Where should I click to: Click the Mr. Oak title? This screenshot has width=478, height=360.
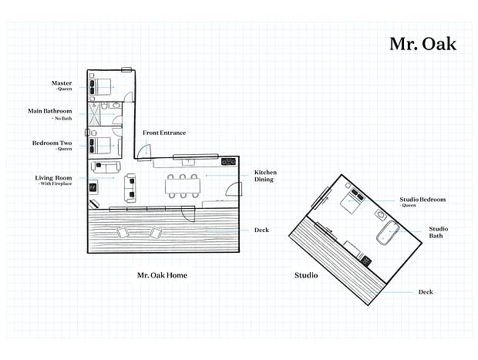[423, 44]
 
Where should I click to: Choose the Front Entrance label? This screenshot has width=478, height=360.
[164, 133]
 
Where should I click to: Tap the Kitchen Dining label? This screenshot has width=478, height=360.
[265, 176]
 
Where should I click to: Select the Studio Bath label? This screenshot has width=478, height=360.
[439, 232]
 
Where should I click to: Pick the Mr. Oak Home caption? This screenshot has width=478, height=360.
[162, 275]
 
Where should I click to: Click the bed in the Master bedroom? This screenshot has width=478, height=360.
[99, 87]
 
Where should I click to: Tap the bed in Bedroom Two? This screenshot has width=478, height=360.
[99, 146]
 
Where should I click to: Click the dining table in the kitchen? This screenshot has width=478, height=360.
[183, 186]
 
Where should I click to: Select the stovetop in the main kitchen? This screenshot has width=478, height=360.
[228, 162]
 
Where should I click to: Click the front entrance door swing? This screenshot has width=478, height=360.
[143, 152]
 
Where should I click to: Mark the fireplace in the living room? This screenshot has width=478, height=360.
[93, 187]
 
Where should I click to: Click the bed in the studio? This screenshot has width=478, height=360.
[352, 201]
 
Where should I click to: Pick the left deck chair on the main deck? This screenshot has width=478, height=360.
[123, 232]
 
